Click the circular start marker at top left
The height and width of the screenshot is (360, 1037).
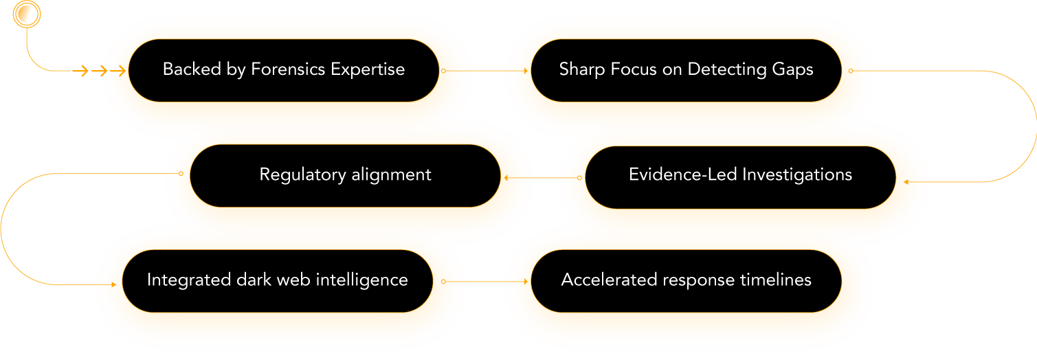(x=27, y=14)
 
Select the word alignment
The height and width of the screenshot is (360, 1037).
(x=392, y=175)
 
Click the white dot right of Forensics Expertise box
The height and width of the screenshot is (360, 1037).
(x=443, y=70)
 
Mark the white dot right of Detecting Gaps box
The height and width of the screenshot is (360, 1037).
(x=851, y=70)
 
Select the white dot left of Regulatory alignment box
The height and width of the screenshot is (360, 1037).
(x=181, y=174)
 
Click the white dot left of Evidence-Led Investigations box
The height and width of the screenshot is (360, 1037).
(x=579, y=178)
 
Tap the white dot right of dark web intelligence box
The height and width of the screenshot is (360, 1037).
(x=443, y=282)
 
